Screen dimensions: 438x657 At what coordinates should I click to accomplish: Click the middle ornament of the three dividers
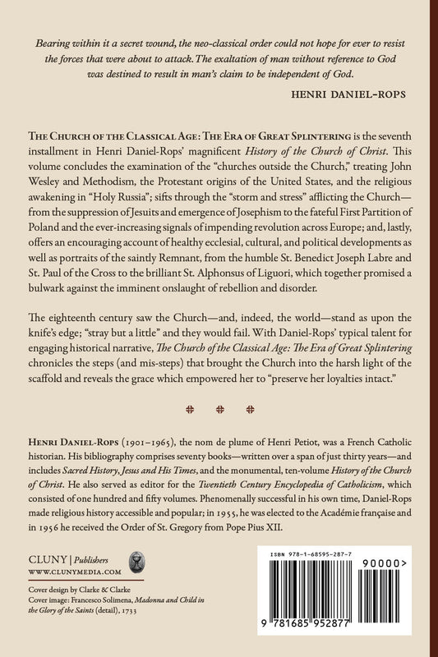219,430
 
